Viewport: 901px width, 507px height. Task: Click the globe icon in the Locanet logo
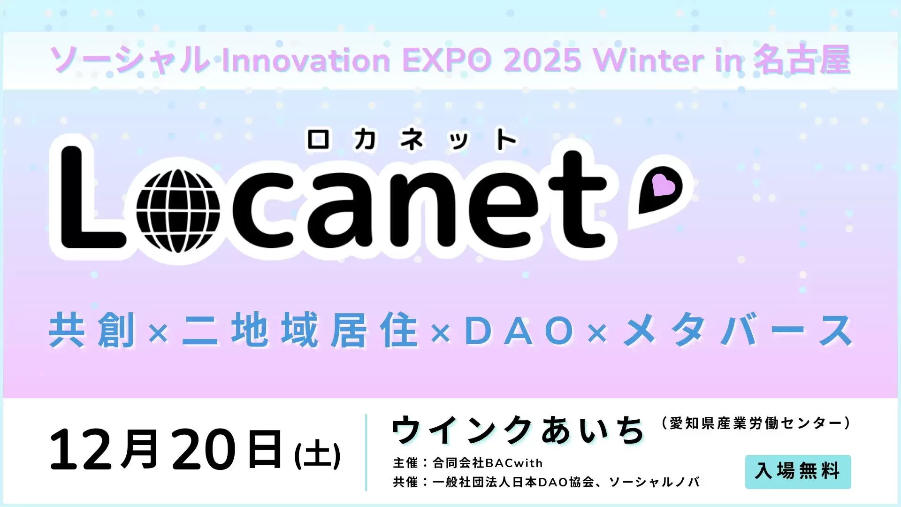pos(178,211)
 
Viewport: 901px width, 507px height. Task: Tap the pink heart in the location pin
pos(664,185)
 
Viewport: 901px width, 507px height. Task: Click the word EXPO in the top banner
pos(447,61)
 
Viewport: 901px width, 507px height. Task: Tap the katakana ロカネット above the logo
pos(412,139)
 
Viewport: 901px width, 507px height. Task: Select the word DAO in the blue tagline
pos(519,331)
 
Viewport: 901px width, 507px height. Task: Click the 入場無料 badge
pos(798,471)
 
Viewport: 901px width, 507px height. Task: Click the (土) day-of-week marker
pos(317,454)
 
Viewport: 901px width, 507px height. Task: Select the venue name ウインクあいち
pos(518,430)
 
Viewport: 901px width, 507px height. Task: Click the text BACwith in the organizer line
pos(514,463)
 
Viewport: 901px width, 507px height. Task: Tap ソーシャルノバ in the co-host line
pos(654,482)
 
